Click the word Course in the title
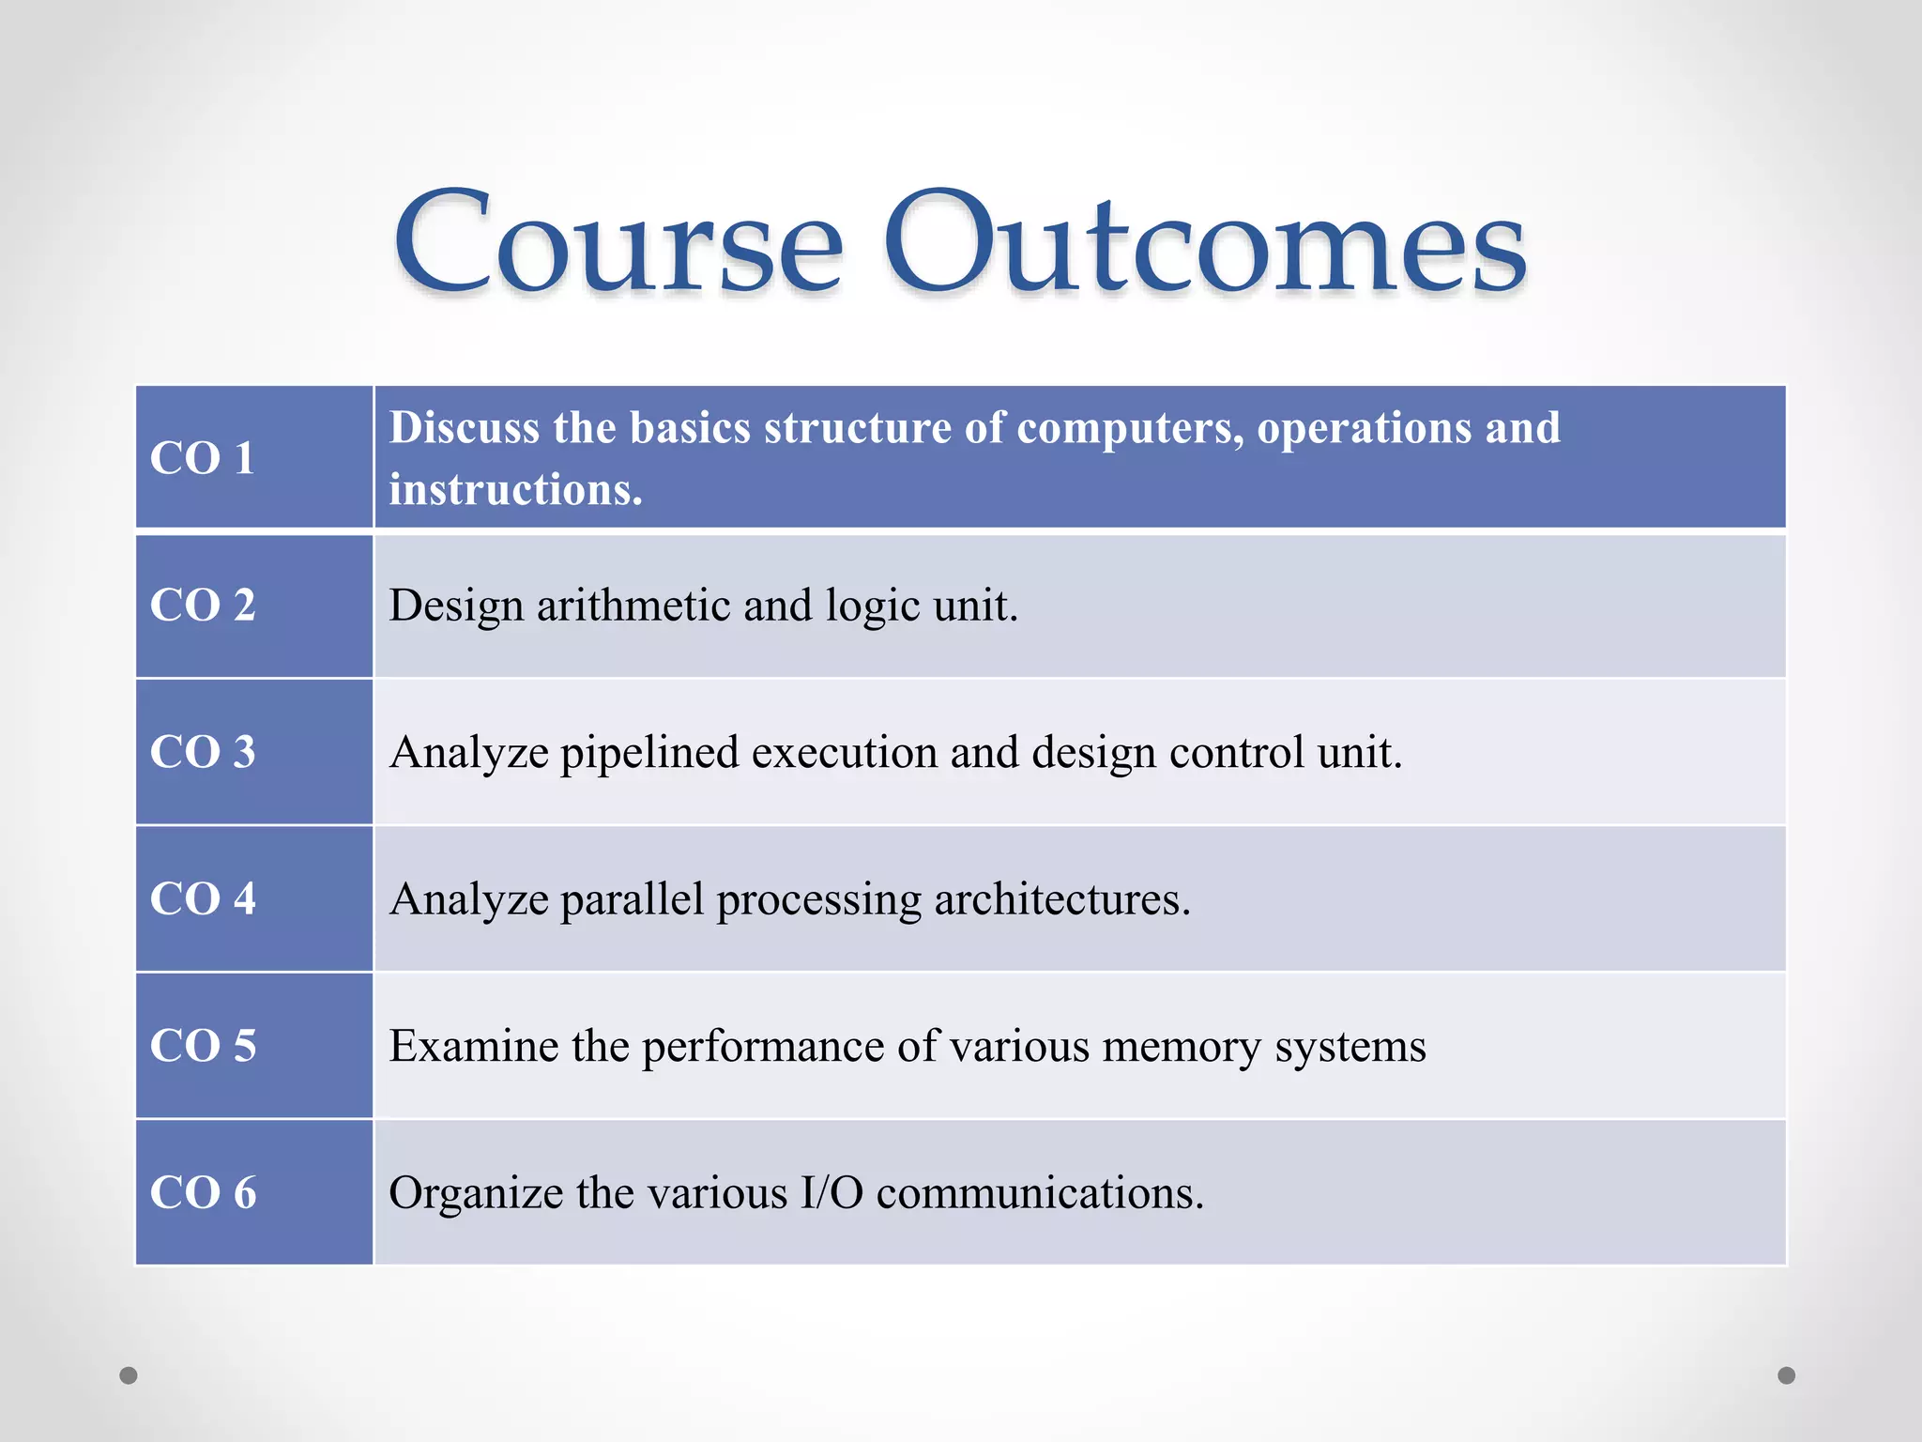click(618, 242)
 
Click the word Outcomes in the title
click(1205, 242)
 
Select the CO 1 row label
click(203, 458)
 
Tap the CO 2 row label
click(203, 605)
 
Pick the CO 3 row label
click(203, 752)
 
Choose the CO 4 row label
click(203, 898)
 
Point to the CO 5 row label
click(203, 1046)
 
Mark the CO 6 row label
click(203, 1192)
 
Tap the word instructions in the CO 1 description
click(515, 490)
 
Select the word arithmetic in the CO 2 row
click(633, 606)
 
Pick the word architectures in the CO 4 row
click(1061, 900)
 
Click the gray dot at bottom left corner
click(129, 1375)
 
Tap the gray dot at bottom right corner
click(1787, 1375)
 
